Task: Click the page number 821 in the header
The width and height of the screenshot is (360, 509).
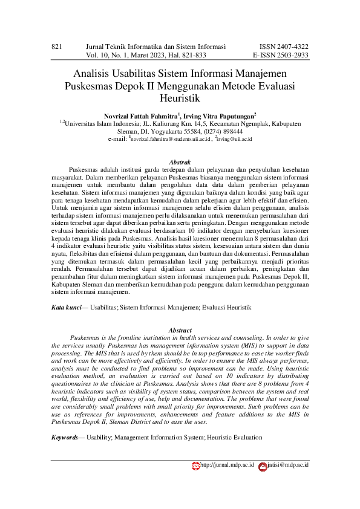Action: (x=57, y=47)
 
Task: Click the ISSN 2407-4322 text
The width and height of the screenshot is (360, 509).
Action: (x=284, y=47)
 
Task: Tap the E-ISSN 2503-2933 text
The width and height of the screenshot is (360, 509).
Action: (x=281, y=55)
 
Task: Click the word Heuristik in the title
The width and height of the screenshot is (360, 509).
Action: (x=180, y=97)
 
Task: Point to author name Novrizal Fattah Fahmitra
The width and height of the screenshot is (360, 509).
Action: (x=142, y=114)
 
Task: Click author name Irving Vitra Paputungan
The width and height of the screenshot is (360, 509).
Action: (x=223, y=114)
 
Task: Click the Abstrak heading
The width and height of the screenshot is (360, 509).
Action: (x=180, y=163)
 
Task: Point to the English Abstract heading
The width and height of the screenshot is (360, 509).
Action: (x=180, y=331)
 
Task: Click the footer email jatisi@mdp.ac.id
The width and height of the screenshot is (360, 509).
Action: (x=288, y=465)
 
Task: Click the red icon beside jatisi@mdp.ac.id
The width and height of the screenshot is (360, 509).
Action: (x=263, y=465)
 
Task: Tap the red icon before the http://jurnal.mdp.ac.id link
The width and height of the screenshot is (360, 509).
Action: (x=195, y=465)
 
